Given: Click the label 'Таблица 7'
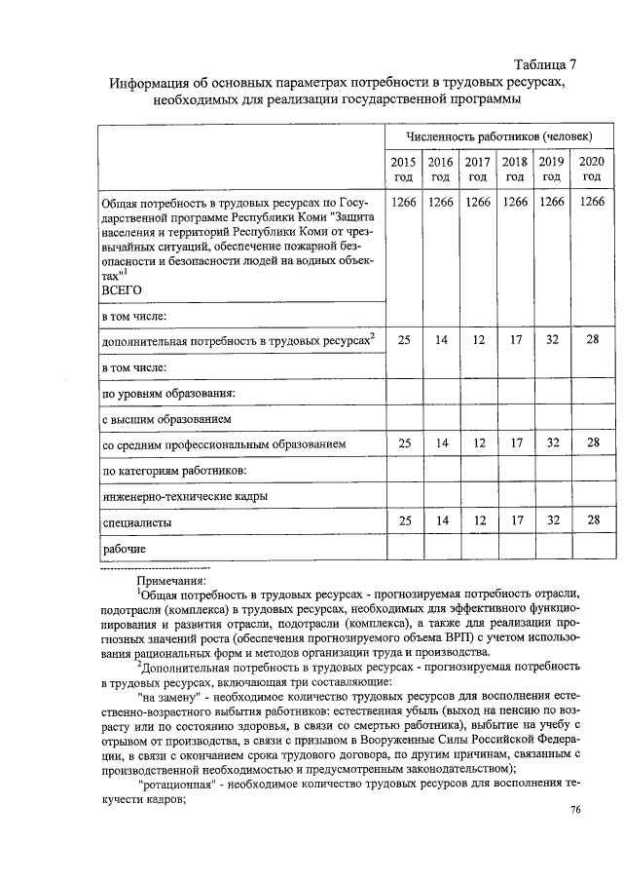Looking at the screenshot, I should [x=542, y=64].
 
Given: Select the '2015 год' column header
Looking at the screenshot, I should [x=403, y=169].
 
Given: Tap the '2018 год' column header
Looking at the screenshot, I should [x=514, y=169].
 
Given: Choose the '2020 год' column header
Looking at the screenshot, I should [x=591, y=169].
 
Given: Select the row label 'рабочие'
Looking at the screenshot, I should [x=125, y=550].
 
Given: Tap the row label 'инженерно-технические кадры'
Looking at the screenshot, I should [x=185, y=497].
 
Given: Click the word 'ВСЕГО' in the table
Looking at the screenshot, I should [x=122, y=290].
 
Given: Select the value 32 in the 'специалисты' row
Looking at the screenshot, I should [x=551, y=521].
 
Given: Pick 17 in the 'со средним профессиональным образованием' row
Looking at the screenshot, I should [x=514, y=443].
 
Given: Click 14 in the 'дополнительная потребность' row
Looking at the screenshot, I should [x=441, y=338].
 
